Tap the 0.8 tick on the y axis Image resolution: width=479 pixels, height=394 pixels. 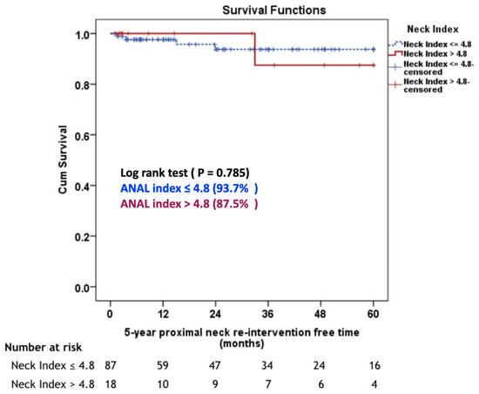pos(87,85)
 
